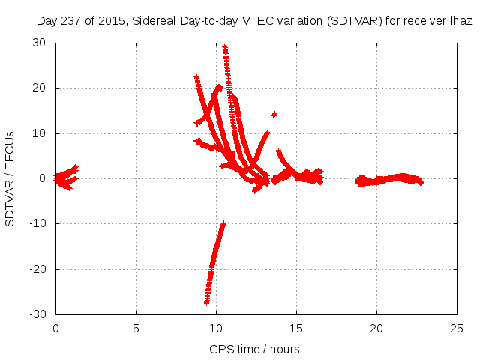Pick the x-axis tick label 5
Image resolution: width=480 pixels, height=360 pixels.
pos(136,328)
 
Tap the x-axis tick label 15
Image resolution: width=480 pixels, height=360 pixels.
pos(296,328)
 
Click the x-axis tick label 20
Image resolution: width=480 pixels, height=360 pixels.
pos(376,328)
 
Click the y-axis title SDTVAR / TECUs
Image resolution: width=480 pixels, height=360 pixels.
pos(10,178)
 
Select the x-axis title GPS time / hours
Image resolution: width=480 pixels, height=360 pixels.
pos(255,349)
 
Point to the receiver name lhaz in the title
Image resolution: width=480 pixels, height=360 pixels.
pos(460,21)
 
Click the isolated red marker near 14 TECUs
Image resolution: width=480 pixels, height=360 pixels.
pos(274,115)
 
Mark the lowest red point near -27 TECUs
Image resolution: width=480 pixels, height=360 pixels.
pos(207,302)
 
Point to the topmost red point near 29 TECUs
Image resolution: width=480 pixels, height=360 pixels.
pos(224,48)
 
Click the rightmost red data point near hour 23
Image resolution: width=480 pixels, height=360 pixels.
pos(421,182)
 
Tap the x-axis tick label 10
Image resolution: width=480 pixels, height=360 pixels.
pos(216,328)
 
